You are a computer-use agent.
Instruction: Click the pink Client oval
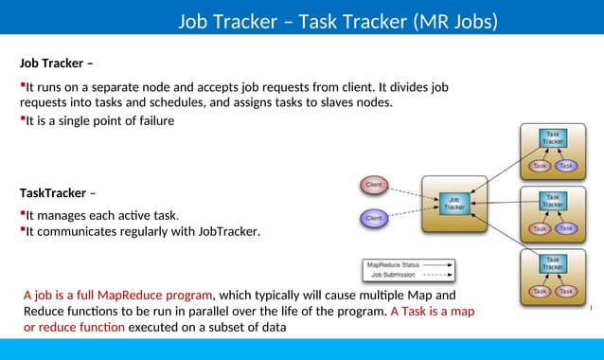coord(375,184)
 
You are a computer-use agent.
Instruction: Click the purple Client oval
coord(375,218)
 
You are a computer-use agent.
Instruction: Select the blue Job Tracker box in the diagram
coord(454,202)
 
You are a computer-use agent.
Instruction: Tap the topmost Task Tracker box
coord(553,138)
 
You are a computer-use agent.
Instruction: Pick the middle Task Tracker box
coord(553,201)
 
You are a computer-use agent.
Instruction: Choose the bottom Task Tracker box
coord(553,263)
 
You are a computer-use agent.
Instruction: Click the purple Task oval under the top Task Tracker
coord(566,166)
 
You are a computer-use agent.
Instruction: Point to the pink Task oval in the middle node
coord(540,228)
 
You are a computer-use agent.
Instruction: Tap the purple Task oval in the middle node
coord(566,228)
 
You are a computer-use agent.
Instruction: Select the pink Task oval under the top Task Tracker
coord(540,166)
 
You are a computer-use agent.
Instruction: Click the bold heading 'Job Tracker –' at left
coord(56,64)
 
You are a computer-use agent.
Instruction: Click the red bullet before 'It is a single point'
coord(22,118)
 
